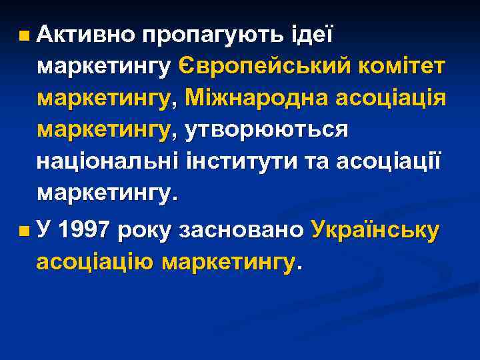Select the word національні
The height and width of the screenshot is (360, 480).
(103, 162)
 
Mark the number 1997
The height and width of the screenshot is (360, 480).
(83, 231)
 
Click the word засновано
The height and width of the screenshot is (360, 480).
(241, 231)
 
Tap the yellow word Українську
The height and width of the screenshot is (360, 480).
(376, 231)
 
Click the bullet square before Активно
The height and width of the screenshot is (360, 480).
(24, 33)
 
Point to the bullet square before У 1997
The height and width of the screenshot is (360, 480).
(24, 231)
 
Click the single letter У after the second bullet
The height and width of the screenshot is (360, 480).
(44, 231)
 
